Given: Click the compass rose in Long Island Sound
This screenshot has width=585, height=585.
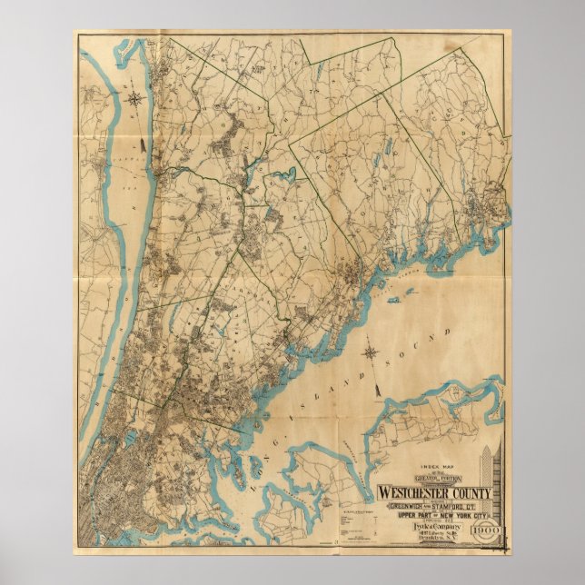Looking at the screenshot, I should pos(371,351).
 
